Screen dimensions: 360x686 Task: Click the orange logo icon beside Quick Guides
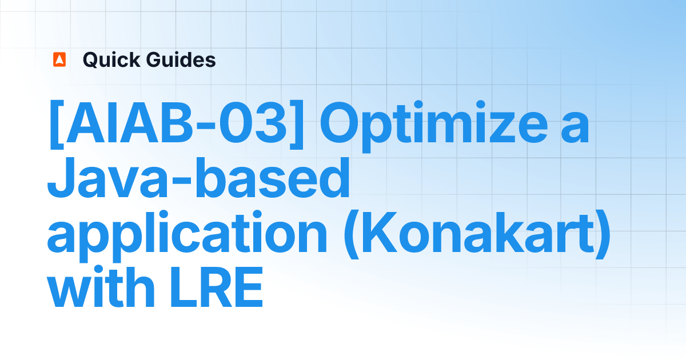[59, 59]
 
